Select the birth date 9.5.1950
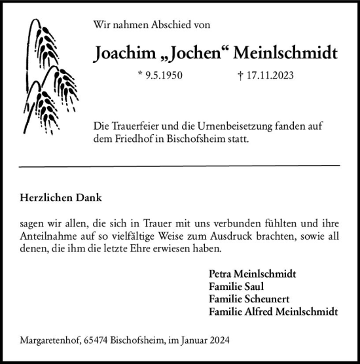point(161,75)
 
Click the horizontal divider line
point(180,166)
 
